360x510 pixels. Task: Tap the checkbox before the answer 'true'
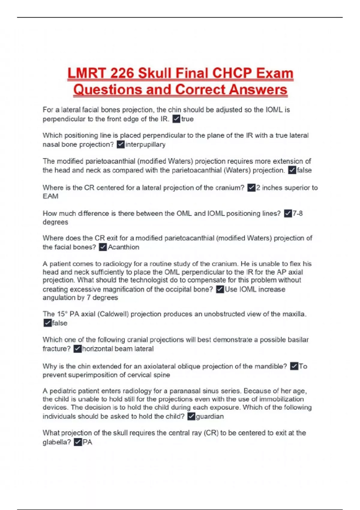pos(176,119)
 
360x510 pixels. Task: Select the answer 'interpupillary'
pos(145,145)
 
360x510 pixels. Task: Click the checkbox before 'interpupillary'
pos(121,145)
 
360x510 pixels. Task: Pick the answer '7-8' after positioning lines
pos(298,214)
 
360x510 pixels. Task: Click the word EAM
pos(50,196)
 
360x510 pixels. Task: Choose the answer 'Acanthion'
pos(124,247)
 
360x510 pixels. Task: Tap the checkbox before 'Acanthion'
pos(103,247)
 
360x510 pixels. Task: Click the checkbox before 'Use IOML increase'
pos(220,289)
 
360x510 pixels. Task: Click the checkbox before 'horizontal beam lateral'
pos(77,349)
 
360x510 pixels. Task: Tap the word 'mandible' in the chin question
pos(270,366)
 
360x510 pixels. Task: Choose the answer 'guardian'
pos(210,416)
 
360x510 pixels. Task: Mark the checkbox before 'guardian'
pos(191,416)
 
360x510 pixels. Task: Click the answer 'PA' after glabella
pos(87,442)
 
